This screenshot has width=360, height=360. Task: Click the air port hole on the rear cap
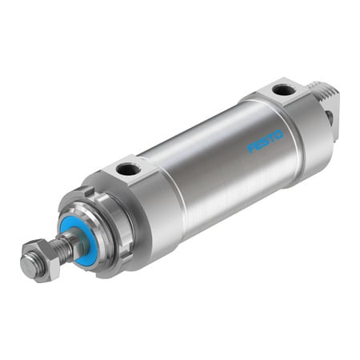[x=282, y=90]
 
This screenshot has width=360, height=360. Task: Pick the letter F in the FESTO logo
[x=250, y=147]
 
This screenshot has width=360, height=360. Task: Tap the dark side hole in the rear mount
[x=329, y=118]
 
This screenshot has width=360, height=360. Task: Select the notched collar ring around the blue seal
[x=100, y=228]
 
